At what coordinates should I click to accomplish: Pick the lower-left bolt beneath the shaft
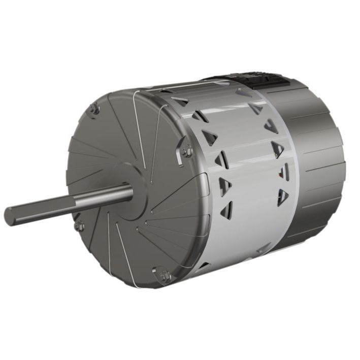click(79, 225)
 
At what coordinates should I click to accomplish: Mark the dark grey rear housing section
click(317, 168)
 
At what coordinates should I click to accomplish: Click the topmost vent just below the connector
click(244, 93)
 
